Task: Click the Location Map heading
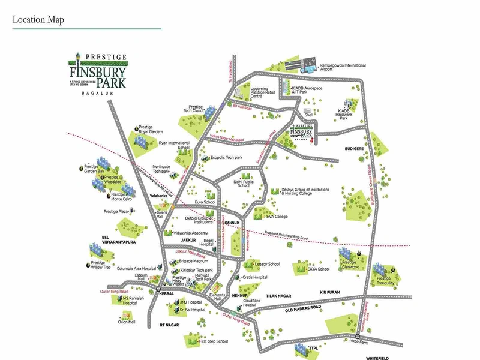pos(38,20)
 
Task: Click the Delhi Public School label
pos(243,183)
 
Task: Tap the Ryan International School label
pos(174,145)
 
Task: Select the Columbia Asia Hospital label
pos(136,268)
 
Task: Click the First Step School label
pos(214,341)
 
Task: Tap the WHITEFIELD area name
pos(382,358)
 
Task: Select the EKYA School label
pos(319,269)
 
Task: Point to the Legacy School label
pos(267,264)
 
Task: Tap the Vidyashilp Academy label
pos(190,232)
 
